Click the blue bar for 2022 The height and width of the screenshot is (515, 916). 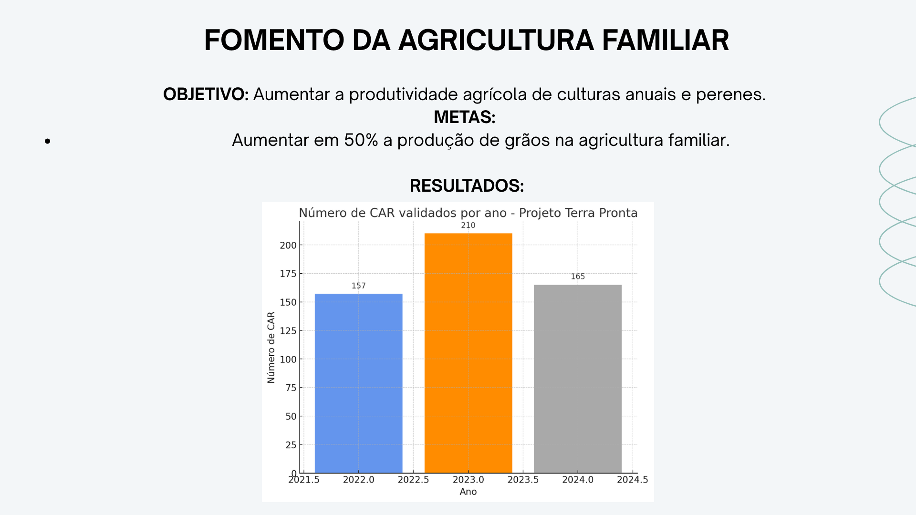[x=359, y=383]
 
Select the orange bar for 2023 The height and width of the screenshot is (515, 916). [x=468, y=353]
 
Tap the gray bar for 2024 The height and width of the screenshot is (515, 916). [x=578, y=379]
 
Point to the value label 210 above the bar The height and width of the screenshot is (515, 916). [x=468, y=225]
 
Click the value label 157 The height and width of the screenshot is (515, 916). [x=359, y=286]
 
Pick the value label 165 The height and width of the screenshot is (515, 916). [x=578, y=277]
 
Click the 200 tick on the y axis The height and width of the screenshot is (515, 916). [x=288, y=245]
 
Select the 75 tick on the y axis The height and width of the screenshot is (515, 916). [x=291, y=388]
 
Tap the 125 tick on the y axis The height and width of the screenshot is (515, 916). [x=288, y=330]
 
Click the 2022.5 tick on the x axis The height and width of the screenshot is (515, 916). [x=413, y=480]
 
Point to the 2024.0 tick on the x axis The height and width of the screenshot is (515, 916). [x=578, y=480]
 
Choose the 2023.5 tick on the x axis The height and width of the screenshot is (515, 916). [x=523, y=480]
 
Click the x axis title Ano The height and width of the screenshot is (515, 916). [x=468, y=492]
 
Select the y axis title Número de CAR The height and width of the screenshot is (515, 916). [x=271, y=347]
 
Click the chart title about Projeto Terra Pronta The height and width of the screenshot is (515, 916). [x=468, y=213]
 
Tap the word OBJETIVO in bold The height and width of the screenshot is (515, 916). [x=206, y=94]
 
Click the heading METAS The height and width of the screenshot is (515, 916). [x=465, y=117]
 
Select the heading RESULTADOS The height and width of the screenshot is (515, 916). [x=467, y=186]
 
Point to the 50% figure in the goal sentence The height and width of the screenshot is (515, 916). [x=361, y=140]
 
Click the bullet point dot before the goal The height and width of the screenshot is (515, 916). [x=47, y=141]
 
